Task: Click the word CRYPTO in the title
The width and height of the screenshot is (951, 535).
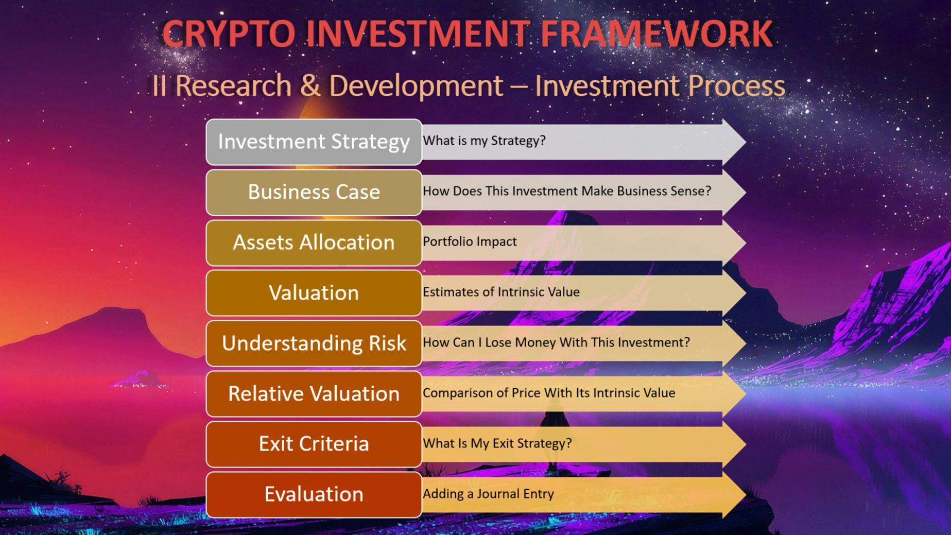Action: click(229, 34)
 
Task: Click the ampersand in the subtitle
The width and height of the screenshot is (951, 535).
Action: click(310, 85)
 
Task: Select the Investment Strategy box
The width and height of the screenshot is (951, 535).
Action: click(314, 142)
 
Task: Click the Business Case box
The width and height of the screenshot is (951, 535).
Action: click(314, 192)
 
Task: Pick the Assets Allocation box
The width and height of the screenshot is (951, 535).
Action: click(314, 243)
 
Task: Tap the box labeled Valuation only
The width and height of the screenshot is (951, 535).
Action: click(314, 293)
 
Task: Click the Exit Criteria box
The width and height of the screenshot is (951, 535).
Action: click(314, 444)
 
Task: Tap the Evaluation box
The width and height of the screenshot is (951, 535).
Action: click(314, 494)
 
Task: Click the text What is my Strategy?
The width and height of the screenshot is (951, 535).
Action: click(484, 141)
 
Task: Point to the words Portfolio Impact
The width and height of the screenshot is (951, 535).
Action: click(470, 241)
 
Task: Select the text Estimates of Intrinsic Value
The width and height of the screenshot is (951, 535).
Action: click(501, 292)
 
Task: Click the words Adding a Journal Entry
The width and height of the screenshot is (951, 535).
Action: click(488, 494)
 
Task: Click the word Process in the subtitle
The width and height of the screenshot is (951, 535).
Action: click(736, 85)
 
